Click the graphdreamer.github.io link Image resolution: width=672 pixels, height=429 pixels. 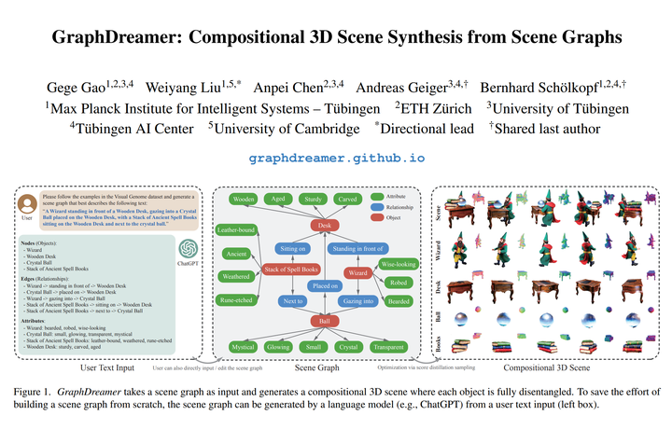[336, 159]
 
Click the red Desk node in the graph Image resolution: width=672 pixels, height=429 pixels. [325, 225]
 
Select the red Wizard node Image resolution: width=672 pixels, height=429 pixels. [357, 273]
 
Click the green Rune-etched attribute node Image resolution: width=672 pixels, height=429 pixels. [237, 299]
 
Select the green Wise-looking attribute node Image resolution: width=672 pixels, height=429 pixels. [399, 251]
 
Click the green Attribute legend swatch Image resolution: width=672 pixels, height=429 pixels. [378, 196]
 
